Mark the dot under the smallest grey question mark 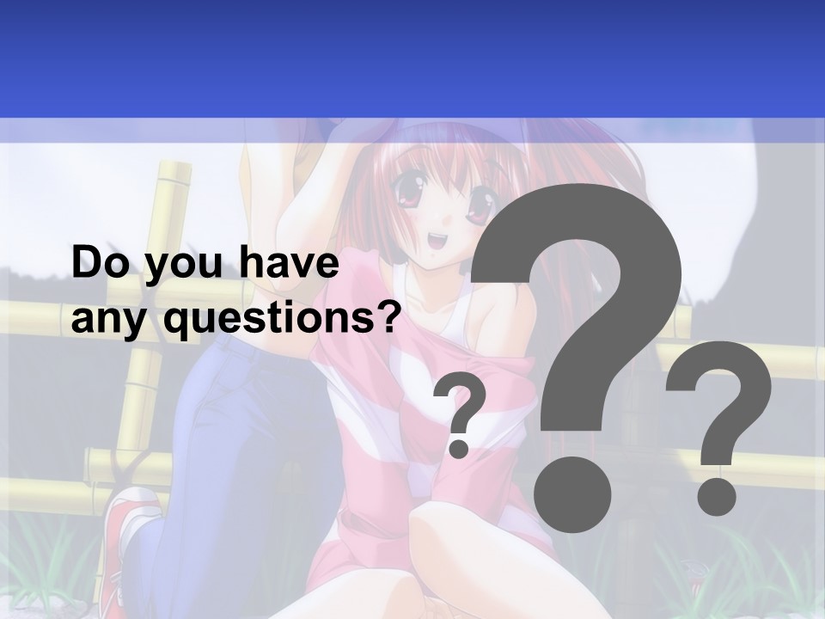point(460,447)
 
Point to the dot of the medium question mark point(716,496)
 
